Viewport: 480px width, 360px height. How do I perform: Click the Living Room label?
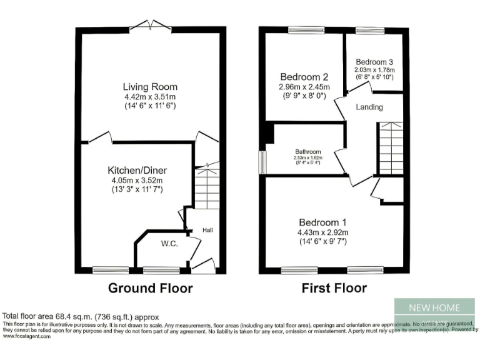(150, 87)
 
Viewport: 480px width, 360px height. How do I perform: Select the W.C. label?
(169, 244)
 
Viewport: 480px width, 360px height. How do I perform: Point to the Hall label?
(207, 231)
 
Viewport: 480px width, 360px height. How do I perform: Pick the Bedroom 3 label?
(374, 62)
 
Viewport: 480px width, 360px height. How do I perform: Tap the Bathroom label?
(308, 152)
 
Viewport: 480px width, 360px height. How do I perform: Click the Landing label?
(369, 107)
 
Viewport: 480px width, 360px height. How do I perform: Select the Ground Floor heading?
(150, 288)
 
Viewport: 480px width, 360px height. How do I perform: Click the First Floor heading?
(334, 288)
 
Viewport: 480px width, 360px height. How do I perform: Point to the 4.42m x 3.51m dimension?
(150, 97)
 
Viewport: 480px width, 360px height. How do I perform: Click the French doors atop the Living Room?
(150, 26)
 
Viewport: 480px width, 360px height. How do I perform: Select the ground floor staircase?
(207, 187)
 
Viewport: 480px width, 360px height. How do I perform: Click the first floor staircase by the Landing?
(391, 147)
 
